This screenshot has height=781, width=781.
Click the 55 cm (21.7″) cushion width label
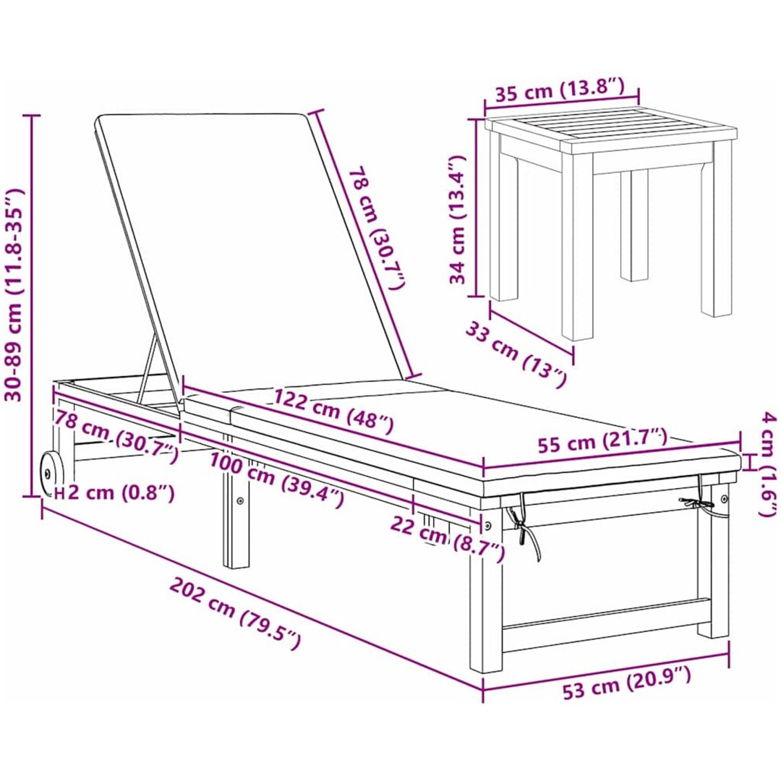pos(602,439)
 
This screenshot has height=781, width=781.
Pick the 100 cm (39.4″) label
pos(276,479)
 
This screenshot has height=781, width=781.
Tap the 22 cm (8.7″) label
pos(448,539)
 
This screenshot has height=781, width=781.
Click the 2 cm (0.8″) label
pos(121,492)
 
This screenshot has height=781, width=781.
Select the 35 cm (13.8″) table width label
pos(559,90)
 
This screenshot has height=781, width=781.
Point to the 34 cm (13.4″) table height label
pos(458,219)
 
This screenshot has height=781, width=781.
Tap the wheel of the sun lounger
pos(49,473)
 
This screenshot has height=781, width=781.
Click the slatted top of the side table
pos(610,129)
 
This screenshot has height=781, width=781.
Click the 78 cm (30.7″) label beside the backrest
pos(377,229)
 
